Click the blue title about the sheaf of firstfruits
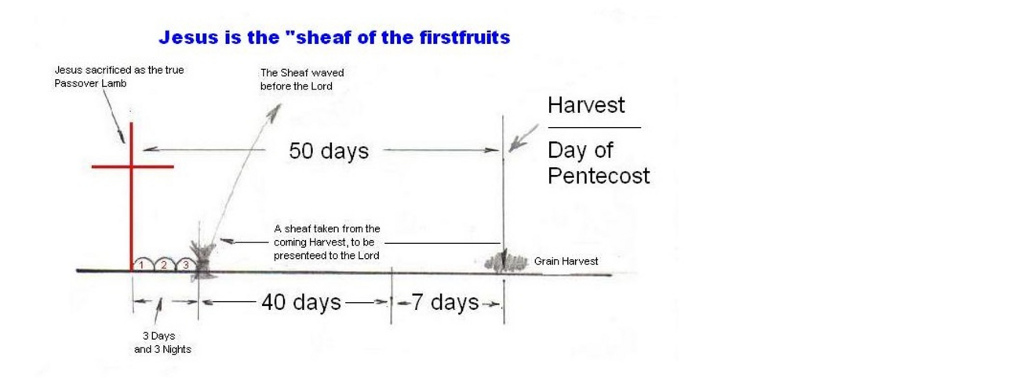pos(334,38)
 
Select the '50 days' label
pos(329,151)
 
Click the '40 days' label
pos(301,302)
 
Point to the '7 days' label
pos(445,302)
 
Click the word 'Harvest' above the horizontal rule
pos(586,105)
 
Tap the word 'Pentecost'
pos(599,176)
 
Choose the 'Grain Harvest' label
pos(566,261)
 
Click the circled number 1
pos(142,265)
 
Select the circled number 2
pos(163,264)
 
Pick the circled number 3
pos(186,264)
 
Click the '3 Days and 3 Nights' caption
pos(162,343)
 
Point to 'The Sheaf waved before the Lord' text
pos(302,79)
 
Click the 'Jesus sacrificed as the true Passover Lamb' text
pos(119,77)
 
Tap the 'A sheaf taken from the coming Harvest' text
pos(327,242)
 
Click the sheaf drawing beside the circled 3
pos(202,259)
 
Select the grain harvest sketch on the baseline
pos(505,262)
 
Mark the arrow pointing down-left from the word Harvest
pos(523,138)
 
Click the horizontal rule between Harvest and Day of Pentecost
pos(595,127)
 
